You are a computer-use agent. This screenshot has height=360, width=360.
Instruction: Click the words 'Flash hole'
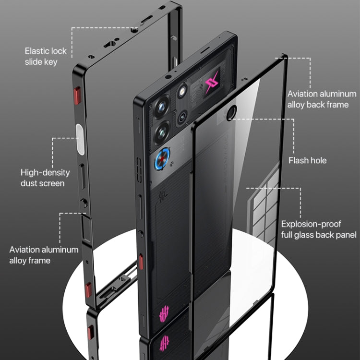click(307, 160)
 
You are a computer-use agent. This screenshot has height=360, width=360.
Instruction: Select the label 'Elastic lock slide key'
click(46, 56)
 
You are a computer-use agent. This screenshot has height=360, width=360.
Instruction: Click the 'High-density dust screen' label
click(45, 178)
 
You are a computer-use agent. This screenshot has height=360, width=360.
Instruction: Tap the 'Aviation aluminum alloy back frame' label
click(322, 99)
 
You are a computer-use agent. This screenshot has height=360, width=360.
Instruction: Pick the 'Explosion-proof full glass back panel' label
click(319, 229)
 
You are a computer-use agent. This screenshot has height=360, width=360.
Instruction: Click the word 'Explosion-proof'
click(311, 224)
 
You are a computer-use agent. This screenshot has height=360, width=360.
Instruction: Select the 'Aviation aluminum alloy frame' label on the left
click(44, 255)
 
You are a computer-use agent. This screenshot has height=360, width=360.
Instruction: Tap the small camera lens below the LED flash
click(183, 117)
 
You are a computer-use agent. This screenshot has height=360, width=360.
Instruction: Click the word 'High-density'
click(45, 172)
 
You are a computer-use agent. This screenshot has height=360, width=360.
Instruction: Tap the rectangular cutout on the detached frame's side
click(88, 230)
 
